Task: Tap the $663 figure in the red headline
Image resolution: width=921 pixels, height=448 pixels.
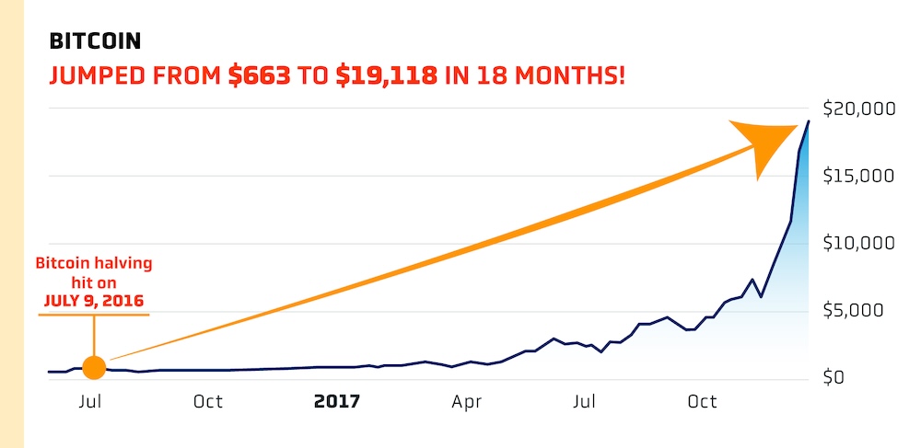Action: pos(260,75)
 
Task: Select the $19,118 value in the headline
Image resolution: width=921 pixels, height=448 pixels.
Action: pos(386,75)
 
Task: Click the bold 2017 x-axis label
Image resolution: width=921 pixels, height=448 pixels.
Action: pos(337,402)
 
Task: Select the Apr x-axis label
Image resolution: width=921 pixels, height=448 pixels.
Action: pos(468,402)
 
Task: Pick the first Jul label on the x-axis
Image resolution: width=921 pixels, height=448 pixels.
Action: pos(90,402)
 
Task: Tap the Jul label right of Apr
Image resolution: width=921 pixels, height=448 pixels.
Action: pos(585,402)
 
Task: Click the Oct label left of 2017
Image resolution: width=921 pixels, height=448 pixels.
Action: pos(207,402)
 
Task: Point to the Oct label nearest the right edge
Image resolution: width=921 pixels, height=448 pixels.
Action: pos(703,402)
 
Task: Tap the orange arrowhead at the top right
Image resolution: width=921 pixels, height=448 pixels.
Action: pos(767,144)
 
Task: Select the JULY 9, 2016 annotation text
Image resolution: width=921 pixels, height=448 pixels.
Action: pos(94,300)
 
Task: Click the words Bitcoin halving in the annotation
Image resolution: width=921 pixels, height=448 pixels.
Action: pos(94,265)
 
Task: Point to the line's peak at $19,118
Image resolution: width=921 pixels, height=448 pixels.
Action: pos(809,121)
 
